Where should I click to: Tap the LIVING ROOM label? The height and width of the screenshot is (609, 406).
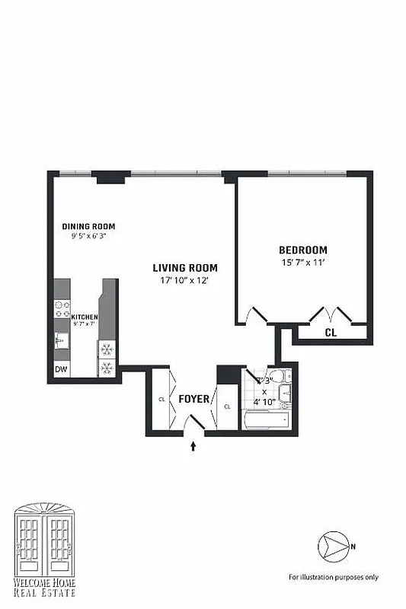tap(185, 268)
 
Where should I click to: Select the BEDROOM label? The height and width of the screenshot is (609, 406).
tap(302, 250)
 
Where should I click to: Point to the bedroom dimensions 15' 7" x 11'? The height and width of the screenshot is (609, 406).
tap(302, 263)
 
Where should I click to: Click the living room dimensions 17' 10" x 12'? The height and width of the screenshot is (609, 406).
tap(185, 281)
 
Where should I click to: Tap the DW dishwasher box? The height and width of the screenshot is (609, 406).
tap(61, 370)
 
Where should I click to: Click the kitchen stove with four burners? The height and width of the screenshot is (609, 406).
tap(62, 309)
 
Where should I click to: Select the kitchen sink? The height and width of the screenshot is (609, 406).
tap(62, 342)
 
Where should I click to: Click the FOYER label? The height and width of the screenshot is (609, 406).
tap(193, 398)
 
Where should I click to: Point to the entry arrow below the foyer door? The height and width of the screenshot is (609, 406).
tap(193, 446)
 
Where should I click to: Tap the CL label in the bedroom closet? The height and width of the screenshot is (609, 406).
tap(331, 333)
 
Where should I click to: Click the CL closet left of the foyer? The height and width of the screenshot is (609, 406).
tap(161, 398)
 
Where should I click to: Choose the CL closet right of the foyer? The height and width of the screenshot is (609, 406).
tap(227, 407)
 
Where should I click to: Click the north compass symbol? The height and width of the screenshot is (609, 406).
tap(333, 545)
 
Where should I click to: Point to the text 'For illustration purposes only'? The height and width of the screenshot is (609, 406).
tap(333, 576)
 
